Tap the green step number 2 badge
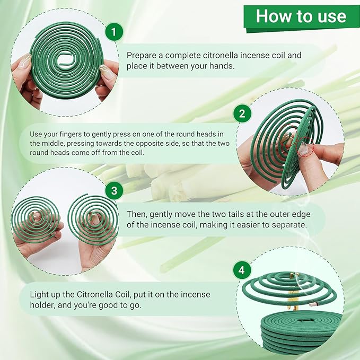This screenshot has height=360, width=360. [x=243, y=113]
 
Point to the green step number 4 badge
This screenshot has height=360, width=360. [x=241, y=270]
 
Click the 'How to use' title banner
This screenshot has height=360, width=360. [x=301, y=16]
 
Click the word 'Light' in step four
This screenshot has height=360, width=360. [x=40, y=294]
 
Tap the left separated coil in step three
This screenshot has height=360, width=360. [x=37, y=220]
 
